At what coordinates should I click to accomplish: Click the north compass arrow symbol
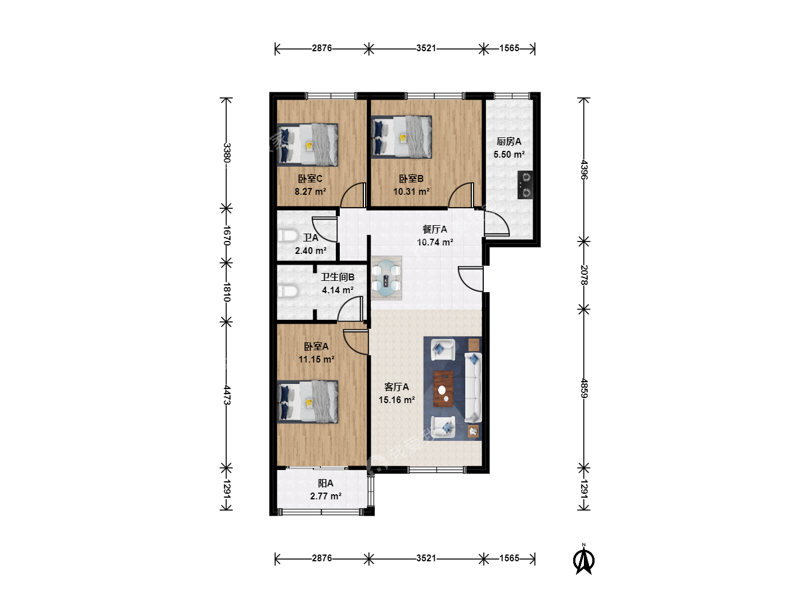583,561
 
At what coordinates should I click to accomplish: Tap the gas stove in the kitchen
525,185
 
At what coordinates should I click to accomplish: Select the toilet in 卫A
287,235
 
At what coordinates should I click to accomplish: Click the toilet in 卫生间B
287,291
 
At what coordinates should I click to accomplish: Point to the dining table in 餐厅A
386,278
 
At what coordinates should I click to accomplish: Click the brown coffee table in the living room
443,388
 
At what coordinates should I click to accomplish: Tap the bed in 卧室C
307,145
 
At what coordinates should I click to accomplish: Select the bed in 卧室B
402,137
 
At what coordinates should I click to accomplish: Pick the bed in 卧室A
307,401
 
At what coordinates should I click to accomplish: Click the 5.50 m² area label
509,154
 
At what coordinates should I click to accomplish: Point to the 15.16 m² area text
397,400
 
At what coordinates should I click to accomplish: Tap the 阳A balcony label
326,483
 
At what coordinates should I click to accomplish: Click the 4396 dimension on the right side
584,169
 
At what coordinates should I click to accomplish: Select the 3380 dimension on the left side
227,153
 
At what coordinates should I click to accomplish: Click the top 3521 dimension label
426,48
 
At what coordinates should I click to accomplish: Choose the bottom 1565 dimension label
509,558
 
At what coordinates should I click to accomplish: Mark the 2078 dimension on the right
584,275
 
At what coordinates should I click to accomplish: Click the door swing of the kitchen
497,223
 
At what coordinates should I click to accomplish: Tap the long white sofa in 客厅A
473,387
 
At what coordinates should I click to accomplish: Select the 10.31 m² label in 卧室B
411,191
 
